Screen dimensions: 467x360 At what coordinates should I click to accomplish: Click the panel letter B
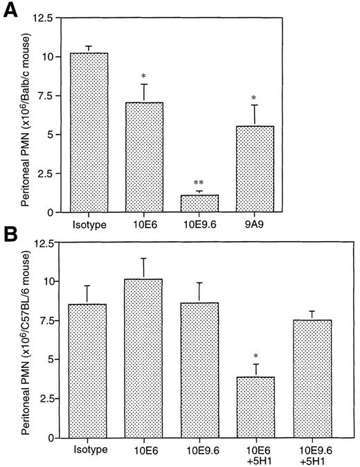coord(11,236)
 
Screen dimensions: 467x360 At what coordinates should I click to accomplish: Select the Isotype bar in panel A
coord(88,132)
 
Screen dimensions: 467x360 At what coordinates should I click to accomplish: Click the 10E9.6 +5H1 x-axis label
coord(312,454)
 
